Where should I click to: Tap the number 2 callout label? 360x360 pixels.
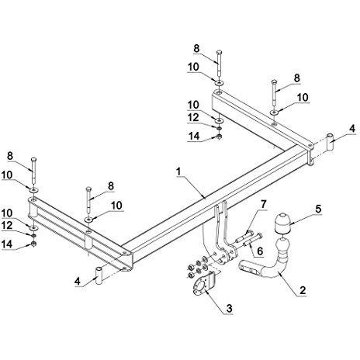[x=303, y=290]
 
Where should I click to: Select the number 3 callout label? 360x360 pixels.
[x=229, y=308]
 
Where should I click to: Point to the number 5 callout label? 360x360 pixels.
[x=318, y=209]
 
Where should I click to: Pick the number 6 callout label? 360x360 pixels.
[x=260, y=251]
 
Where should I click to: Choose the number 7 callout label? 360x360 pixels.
[x=263, y=204]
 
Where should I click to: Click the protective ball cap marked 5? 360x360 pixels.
[x=282, y=223]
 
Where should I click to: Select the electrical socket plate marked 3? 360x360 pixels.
[x=204, y=285]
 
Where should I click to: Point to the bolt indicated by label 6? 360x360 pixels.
[x=253, y=241]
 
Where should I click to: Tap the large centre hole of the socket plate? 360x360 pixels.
[x=200, y=287]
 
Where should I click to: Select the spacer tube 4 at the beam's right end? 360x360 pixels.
[x=330, y=143]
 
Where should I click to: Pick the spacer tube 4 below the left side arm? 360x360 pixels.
[x=99, y=276]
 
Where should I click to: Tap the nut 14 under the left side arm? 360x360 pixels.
[x=33, y=244]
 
